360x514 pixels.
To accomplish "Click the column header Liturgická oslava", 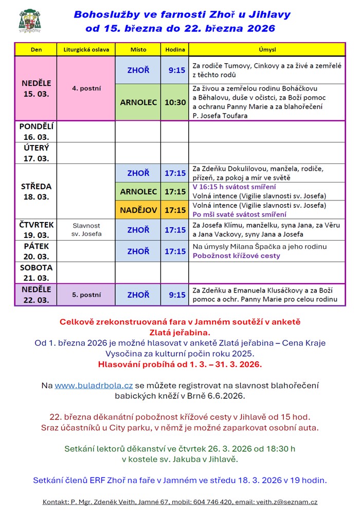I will point(86,50).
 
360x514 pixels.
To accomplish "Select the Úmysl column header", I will point(267,50).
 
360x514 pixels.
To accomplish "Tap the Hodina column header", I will point(175,50).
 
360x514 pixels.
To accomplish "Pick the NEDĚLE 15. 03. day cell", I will point(36,88).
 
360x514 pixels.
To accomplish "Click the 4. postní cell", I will point(86,88).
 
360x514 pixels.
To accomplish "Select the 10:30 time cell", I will point(175,102).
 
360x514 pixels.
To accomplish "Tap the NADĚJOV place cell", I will point(138,210).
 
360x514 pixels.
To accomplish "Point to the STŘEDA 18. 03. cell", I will point(36,192).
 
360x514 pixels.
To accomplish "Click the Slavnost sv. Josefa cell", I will point(86,230).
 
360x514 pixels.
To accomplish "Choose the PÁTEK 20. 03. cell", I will point(36,251).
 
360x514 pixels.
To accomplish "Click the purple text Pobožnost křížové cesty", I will point(236,255).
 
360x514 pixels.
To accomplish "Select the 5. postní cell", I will point(86,295).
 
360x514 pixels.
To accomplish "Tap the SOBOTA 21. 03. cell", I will point(36,272).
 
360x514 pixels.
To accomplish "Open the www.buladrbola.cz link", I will point(94,385).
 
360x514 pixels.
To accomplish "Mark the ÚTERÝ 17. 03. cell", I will point(36,153).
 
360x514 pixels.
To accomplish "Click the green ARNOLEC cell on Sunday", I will point(138,102).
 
